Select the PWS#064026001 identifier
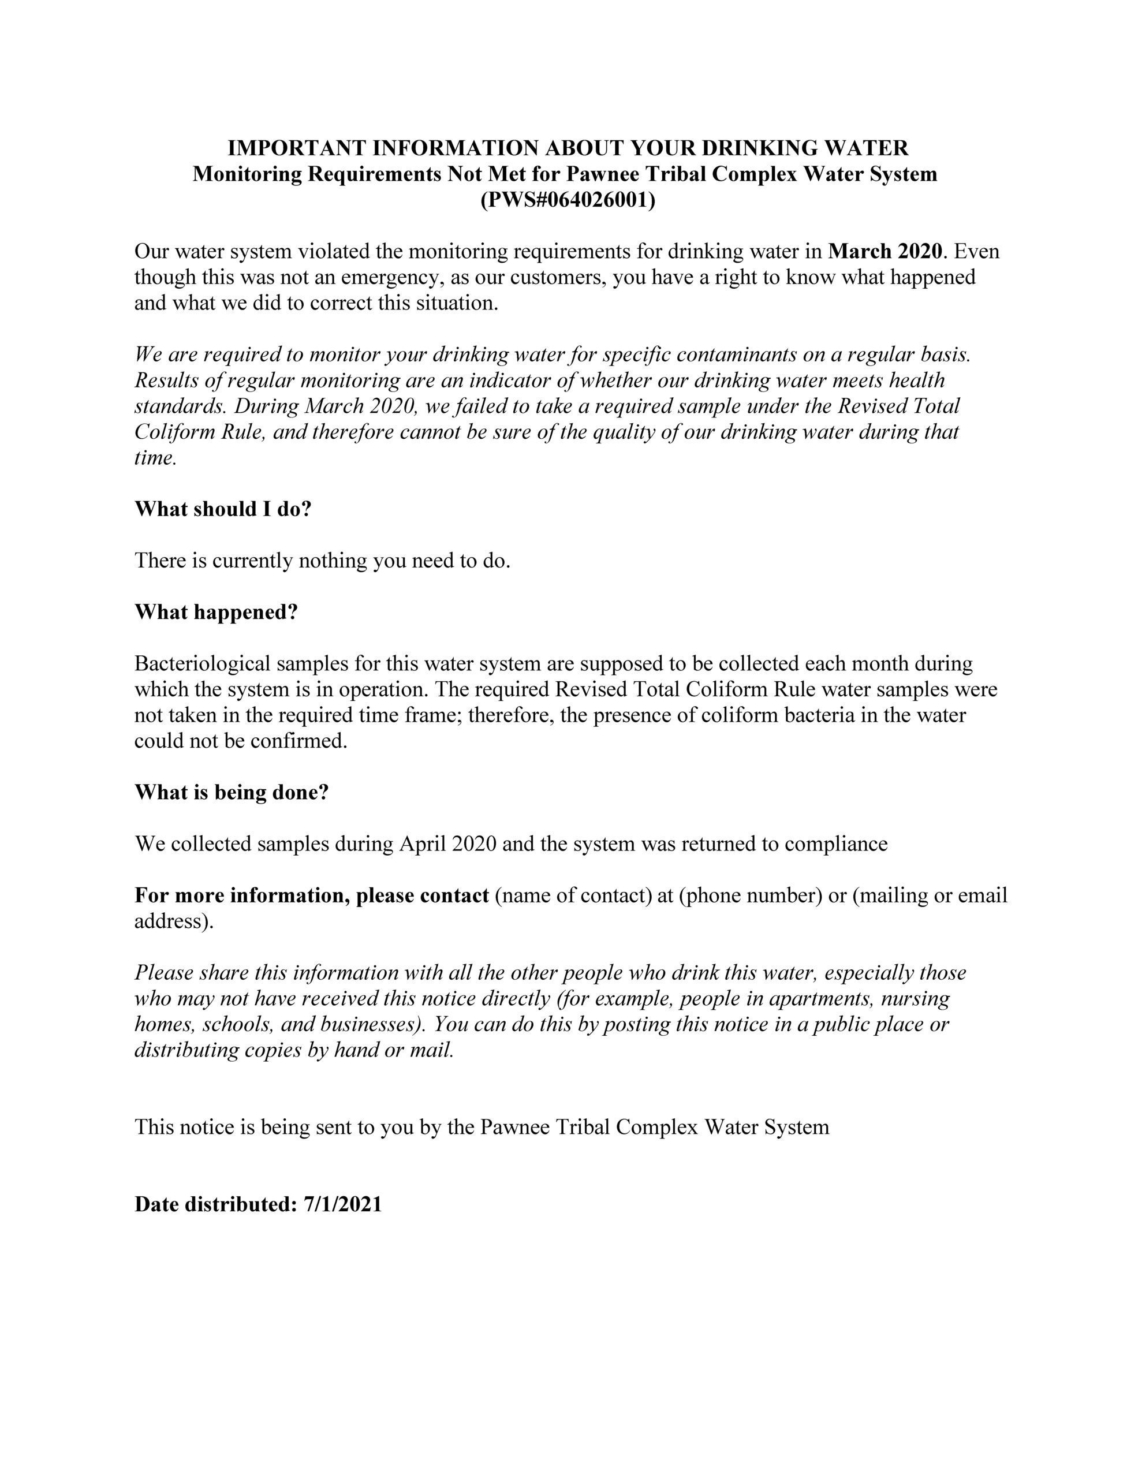pos(568,200)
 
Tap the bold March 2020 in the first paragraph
pos(885,252)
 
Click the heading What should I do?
pos(223,509)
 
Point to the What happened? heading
pos(216,613)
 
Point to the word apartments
pos(819,998)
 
